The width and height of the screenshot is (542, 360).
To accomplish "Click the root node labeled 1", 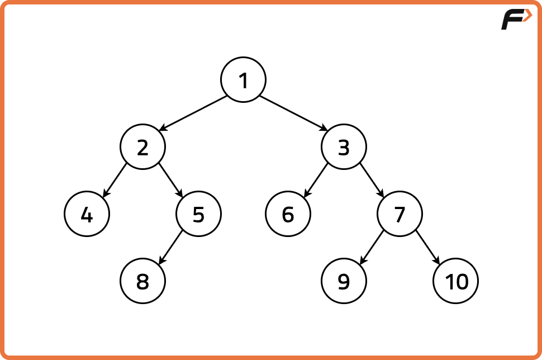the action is tap(244, 79).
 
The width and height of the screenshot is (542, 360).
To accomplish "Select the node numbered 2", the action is tap(142, 146).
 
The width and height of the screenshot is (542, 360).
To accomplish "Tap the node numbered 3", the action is tap(344, 146).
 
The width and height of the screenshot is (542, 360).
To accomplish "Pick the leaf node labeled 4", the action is tap(87, 214).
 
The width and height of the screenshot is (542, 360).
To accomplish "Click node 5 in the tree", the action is tap(198, 214).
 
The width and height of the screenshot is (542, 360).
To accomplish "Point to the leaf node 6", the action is tap(288, 214).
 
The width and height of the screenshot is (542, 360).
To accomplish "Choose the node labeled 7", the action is tap(400, 214).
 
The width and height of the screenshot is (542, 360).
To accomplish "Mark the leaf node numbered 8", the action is tap(142, 281).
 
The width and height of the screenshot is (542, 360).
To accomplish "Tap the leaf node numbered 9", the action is tap(344, 281).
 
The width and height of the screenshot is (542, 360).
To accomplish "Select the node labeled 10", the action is tap(455, 281).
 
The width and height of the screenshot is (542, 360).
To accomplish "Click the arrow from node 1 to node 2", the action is tap(193, 113).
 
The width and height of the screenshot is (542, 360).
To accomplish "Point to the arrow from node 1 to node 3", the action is tap(293, 113).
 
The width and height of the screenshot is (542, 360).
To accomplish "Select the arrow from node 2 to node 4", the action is tap(115, 180).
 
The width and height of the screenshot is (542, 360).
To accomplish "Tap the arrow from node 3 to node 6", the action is tap(316, 180).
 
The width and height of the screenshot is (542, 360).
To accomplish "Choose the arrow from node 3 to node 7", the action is tap(372, 180).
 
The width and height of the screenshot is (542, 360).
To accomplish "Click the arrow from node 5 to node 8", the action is tap(171, 247).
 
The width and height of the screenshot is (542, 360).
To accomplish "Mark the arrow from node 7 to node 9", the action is tap(372, 247).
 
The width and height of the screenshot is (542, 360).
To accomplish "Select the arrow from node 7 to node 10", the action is tap(427, 247).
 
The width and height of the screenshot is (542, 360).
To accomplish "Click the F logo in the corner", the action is tap(516, 19).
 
